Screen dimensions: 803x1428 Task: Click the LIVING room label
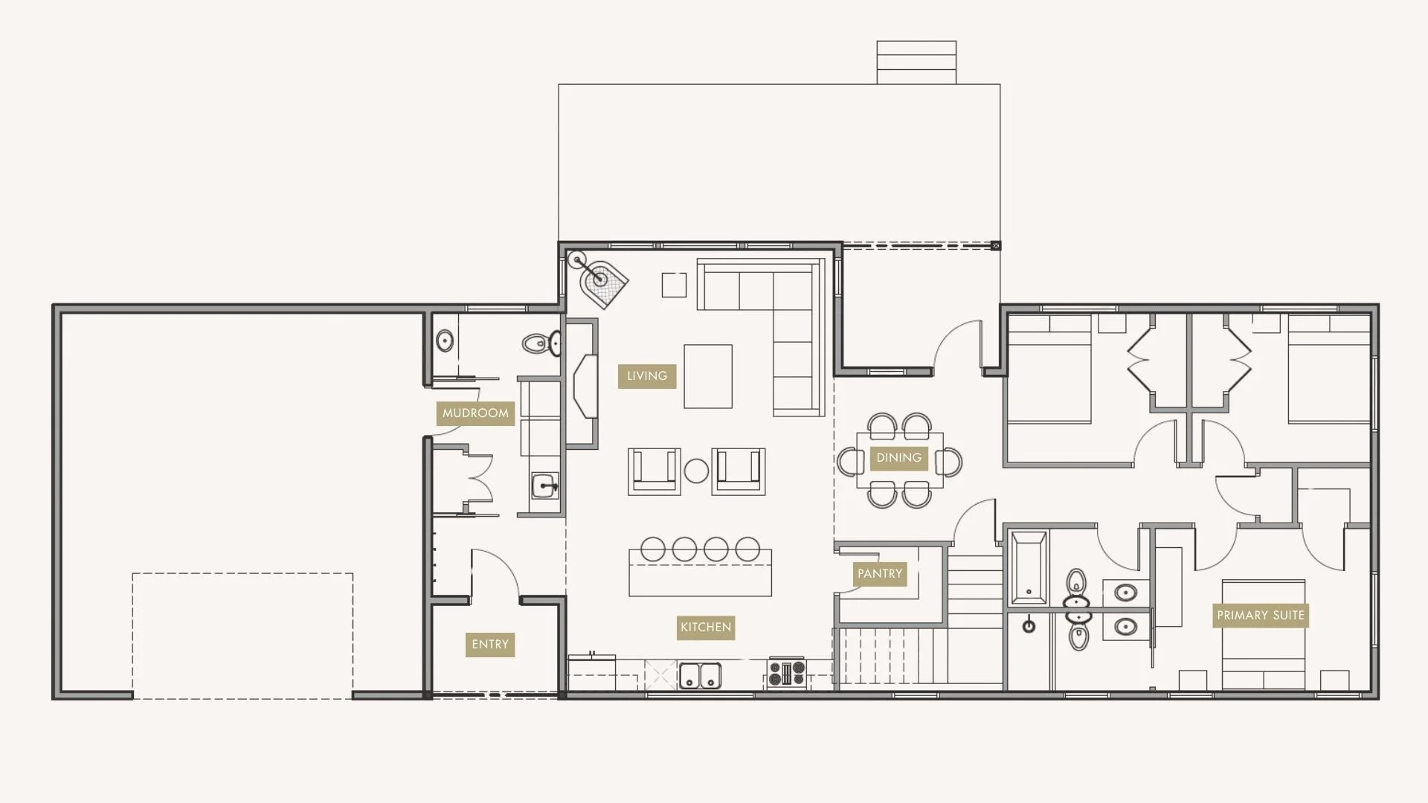(646, 376)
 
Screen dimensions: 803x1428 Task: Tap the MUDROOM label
(475, 413)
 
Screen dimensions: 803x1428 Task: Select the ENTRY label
(490, 645)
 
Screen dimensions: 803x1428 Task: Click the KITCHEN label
(705, 628)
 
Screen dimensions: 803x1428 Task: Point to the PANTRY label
(879, 574)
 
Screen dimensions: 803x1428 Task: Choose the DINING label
(898, 458)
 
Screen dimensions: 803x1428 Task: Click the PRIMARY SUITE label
(1260, 616)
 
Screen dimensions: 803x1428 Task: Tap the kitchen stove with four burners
(787, 674)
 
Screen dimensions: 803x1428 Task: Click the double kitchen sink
(700, 676)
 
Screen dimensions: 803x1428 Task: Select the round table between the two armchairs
(696, 471)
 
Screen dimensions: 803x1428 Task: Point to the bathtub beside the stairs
(1029, 568)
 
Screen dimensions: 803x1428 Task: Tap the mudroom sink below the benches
(545, 486)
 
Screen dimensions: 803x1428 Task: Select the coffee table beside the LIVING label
(707, 376)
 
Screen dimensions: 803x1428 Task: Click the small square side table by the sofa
(674, 285)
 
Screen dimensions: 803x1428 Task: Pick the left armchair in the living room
(654, 471)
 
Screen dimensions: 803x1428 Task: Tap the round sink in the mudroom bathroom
(445, 341)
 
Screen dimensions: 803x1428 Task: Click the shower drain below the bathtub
(1029, 626)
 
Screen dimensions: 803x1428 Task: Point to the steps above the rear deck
(916, 62)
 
